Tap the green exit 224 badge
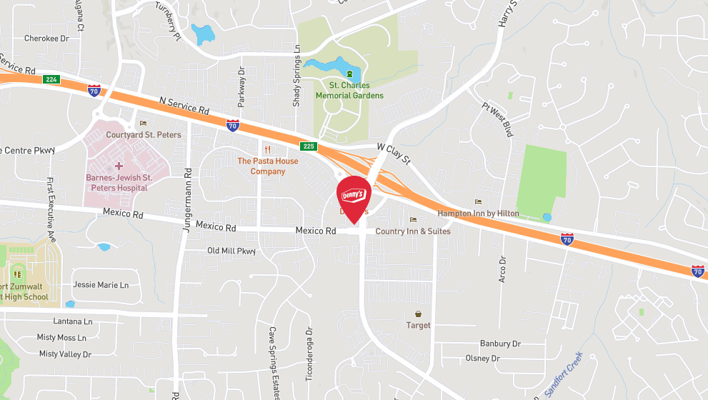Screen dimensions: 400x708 tap(49, 79)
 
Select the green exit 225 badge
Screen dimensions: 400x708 tap(307, 146)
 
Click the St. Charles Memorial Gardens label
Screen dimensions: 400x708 tap(349, 91)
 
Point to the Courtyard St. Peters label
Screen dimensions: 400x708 tap(144, 134)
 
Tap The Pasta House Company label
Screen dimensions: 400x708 tap(268, 166)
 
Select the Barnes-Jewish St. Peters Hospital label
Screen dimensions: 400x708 tap(116, 182)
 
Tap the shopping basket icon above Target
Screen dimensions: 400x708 tap(418, 314)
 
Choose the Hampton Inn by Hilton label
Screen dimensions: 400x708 tap(479, 214)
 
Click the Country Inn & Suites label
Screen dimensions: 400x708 tap(412, 231)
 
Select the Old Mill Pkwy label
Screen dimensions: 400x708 tap(231, 251)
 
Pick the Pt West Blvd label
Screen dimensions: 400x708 tap(498, 119)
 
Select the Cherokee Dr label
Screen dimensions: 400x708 tap(46, 39)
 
